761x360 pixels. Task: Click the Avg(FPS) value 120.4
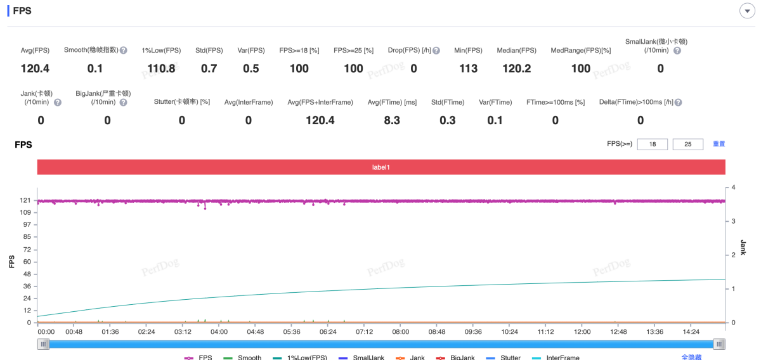pyautogui.click(x=35, y=68)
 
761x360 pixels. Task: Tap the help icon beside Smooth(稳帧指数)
pyautogui.click(x=124, y=50)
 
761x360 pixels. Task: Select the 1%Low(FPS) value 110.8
pyautogui.click(x=161, y=68)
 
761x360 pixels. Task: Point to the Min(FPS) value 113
pyautogui.click(x=468, y=68)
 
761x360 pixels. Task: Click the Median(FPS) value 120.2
pyautogui.click(x=516, y=68)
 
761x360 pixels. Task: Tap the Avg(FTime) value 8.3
pyautogui.click(x=392, y=120)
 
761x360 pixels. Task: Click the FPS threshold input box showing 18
pyautogui.click(x=652, y=145)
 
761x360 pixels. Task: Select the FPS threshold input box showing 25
pyautogui.click(x=687, y=145)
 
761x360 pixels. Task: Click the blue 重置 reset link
pyautogui.click(x=719, y=144)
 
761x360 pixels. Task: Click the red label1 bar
pyautogui.click(x=380, y=167)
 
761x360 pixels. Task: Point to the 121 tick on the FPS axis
pyautogui.click(x=25, y=200)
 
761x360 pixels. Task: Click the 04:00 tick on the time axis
pyautogui.click(x=219, y=331)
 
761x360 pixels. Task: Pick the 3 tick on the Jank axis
pyautogui.click(x=733, y=221)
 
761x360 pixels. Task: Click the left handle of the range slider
pyautogui.click(x=43, y=344)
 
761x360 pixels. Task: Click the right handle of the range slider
pyautogui.click(x=719, y=344)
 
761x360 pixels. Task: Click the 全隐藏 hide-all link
pyautogui.click(x=691, y=357)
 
